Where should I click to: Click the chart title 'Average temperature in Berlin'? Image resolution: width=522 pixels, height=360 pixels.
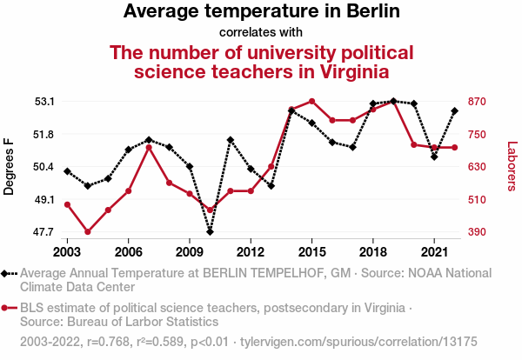(261, 11)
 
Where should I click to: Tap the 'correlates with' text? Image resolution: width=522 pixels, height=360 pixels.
(261, 32)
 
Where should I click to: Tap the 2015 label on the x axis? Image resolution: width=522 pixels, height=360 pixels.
(311, 251)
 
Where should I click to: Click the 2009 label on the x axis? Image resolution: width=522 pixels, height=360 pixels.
(190, 251)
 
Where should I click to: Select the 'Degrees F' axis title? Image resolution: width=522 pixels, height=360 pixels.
(10, 167)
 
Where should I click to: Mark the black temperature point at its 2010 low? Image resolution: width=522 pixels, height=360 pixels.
(210, 231)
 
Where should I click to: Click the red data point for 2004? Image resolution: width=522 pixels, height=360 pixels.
(88, 232)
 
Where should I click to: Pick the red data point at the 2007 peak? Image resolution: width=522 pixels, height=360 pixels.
(149, 147)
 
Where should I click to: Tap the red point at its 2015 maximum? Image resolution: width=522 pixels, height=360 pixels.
(311, 102)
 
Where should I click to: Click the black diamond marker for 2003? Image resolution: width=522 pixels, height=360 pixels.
(67, 171)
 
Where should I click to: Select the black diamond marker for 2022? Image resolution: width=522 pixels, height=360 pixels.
(454, 111)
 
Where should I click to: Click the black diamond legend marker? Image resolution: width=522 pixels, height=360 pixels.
(7, 273)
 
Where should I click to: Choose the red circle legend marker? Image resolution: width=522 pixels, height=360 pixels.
(7, 308)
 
